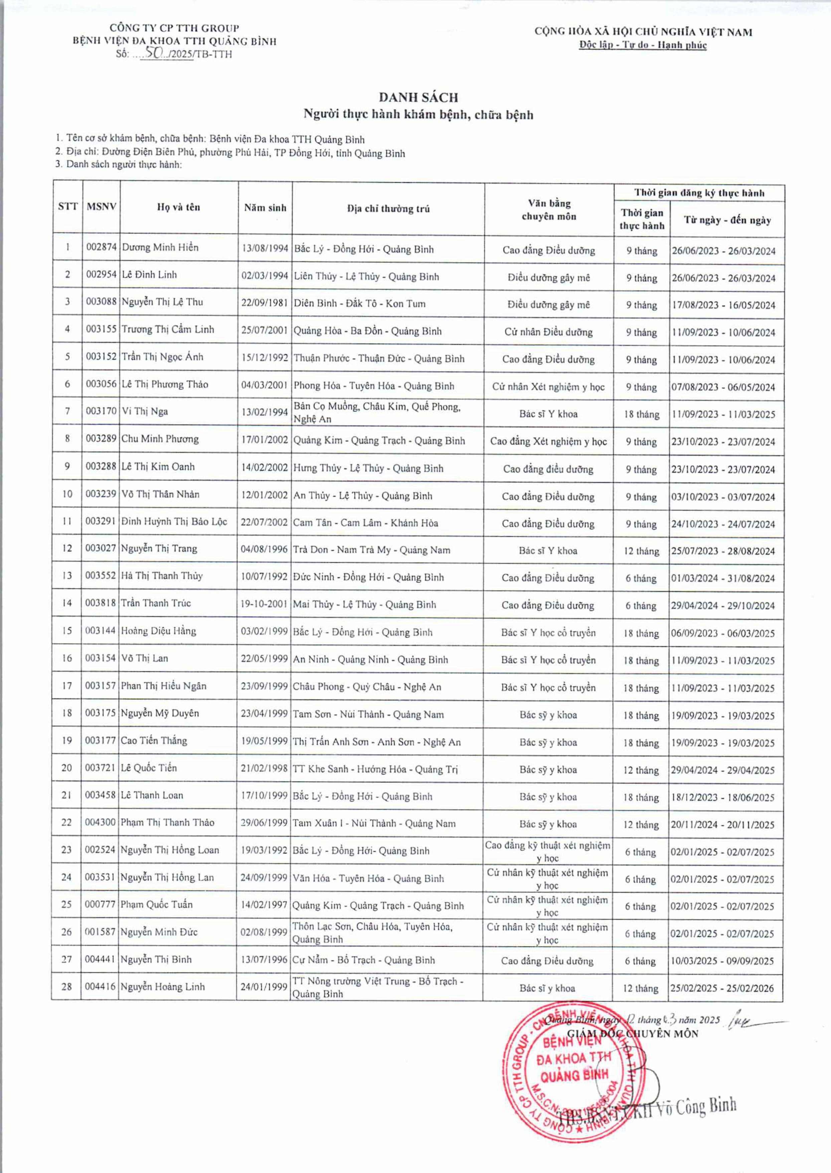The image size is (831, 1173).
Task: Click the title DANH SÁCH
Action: (x=418, y=97)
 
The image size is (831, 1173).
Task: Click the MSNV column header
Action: (x=101, y=207)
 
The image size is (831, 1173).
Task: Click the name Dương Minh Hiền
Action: (x=160, y=248)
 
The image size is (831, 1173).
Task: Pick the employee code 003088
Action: (x=101, y=302)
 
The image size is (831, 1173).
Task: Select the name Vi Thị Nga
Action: (x=145, y=412)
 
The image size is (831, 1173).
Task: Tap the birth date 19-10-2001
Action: (x=264, y=604)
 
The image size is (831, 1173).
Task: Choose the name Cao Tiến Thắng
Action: (x=154, y=741)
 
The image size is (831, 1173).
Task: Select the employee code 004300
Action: (x=100, y=823)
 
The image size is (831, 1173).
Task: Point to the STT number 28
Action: (x=66, y=986)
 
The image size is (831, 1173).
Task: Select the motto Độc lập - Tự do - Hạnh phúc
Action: (x=643, y=45)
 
